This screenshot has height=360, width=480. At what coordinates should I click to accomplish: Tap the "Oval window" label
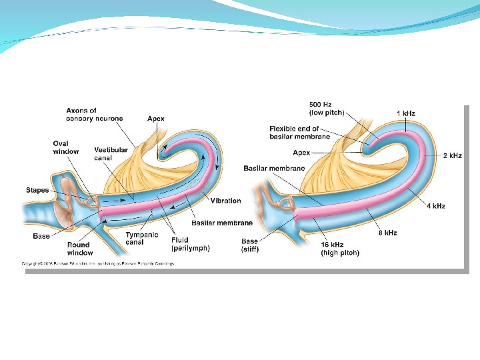(x=65, y=147)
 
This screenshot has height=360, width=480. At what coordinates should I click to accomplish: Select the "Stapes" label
(x=37, y=190)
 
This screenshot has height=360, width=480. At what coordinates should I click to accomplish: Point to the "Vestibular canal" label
(x=111, y=154)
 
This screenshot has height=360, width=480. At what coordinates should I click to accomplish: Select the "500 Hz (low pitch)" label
(x=326, y=109)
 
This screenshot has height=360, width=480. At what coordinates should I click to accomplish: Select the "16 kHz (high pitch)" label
(x=340, y=249)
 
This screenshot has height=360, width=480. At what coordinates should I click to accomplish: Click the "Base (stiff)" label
(x=250, y=245)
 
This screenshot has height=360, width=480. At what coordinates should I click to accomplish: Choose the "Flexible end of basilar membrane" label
(x=299, y=133)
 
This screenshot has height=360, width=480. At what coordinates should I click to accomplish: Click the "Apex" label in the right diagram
(x=301, y=153)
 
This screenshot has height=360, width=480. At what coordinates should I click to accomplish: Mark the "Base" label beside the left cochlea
(x=41, y=236)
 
